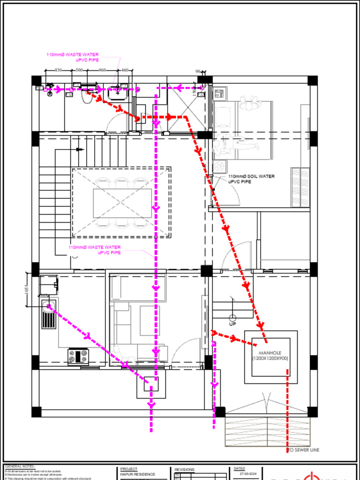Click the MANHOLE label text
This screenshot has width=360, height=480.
[x=270, y=353]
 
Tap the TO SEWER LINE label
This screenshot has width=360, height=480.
[x=303, y=450]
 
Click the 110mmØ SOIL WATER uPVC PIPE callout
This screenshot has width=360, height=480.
[x=251, y=179]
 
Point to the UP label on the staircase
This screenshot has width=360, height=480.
[x=232, y=324]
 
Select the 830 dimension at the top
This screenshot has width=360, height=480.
[x=58, y=70]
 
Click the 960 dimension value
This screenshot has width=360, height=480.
[x=103, y=70]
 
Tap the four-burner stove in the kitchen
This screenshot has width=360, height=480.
[x=78, y=356]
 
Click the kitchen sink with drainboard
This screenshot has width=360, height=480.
[x=48, y=315]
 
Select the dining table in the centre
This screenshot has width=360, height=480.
[x=122, y=203]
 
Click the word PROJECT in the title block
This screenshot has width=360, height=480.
[x=129, y=469]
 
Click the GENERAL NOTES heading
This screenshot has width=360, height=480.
[x=20, y=467]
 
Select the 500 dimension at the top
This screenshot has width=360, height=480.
[x=79, y=70]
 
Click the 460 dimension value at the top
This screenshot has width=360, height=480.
[x=125, y=70]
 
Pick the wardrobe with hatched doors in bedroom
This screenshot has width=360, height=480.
[x=300, y=187]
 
